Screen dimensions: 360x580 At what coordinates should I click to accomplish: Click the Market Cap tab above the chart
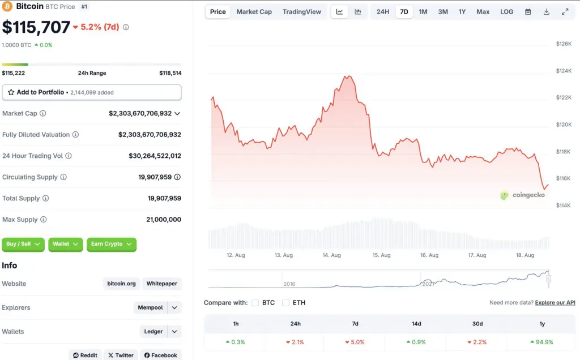tap(254, 12)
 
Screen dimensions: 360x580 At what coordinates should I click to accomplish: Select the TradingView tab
tap(301, 12)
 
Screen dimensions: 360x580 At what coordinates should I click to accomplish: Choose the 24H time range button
tap(383, 12)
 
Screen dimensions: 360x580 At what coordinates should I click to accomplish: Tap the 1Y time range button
tap(462, 12)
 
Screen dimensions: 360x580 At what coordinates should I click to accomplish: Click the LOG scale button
tap(507, 12)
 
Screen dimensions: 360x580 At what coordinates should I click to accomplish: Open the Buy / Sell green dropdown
tap(23, 244)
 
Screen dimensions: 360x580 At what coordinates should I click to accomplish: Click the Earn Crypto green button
tap(112, 244)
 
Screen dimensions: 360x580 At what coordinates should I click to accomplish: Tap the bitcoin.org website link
tap(122, 284)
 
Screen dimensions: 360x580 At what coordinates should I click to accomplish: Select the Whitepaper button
tap(163, 284)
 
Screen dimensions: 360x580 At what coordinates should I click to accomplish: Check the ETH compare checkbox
tap(285, 303)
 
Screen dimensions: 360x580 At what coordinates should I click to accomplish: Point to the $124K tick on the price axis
tap(564, 71)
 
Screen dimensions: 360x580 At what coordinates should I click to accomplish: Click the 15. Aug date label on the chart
tap(381, 255)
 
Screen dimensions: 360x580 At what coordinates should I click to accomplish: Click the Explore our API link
tap(555, 303)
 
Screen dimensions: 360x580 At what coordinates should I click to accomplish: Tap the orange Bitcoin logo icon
tap(7, 6)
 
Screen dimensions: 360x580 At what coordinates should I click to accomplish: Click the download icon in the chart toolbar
tap(547, 12)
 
